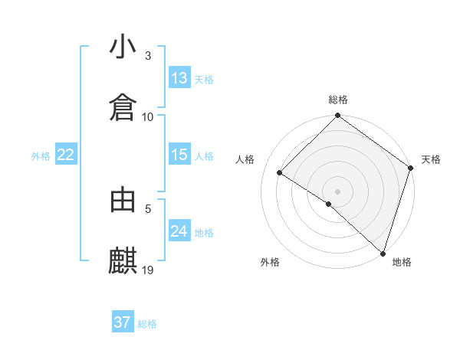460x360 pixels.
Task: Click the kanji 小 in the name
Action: tap(123, 47)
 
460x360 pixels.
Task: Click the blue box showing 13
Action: tap(179, 78)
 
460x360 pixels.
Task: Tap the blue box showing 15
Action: tap(179, 155)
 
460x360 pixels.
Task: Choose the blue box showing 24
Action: tap(179, 231)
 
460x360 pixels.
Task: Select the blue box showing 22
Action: tap(66, 155)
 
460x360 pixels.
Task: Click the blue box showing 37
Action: tap(123, 322)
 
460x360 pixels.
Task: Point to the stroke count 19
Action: tap(149, 270)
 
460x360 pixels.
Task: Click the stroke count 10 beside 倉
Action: tap(148, 116)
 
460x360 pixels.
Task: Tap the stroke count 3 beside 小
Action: tap(148, 56)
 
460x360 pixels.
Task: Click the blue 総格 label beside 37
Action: tap(147, 324)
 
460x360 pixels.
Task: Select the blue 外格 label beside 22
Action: tap(41, 156)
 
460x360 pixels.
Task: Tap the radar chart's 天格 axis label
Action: tap(431, 159)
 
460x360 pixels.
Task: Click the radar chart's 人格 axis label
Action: tap(245, 159)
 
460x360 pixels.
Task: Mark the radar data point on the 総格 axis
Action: tap(337, 116)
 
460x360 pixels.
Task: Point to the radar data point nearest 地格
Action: tap(383, 252)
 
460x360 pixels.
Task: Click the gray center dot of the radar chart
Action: tap(337, 191)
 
